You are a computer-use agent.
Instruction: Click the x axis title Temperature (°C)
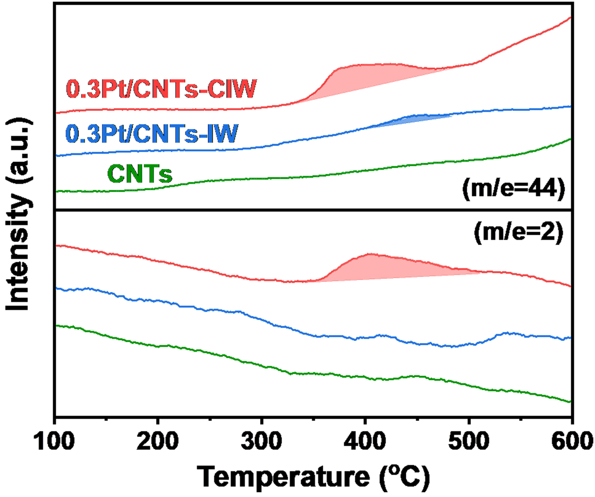pos(313,477)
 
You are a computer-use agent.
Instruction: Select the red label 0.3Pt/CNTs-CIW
pos(161,89)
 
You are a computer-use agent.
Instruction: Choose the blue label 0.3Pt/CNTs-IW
pos(152,134)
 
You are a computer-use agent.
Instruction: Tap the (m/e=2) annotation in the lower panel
pos(518,233)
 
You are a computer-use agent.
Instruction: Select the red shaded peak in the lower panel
pos(377,268)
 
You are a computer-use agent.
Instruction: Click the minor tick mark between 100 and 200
pos(106,419)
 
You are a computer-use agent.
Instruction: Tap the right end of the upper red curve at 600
pos(570,18)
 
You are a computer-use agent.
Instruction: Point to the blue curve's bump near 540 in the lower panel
pos(507,333)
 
